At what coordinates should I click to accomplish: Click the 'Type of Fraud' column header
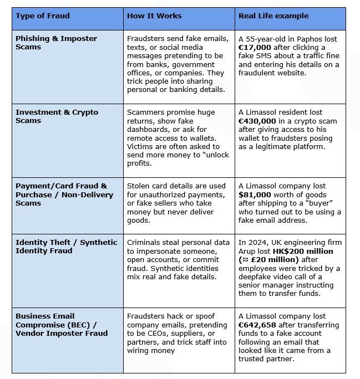click(43, 16)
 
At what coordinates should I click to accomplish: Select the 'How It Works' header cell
click(154, 16)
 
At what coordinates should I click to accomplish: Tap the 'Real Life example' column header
click(273, 16)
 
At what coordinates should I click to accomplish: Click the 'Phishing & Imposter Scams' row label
click(56, 43)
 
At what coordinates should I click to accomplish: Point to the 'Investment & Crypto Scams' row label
click(57, 116)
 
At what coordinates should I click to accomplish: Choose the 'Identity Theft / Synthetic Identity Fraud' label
click(67, 247)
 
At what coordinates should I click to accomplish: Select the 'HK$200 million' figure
click(303, 252)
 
